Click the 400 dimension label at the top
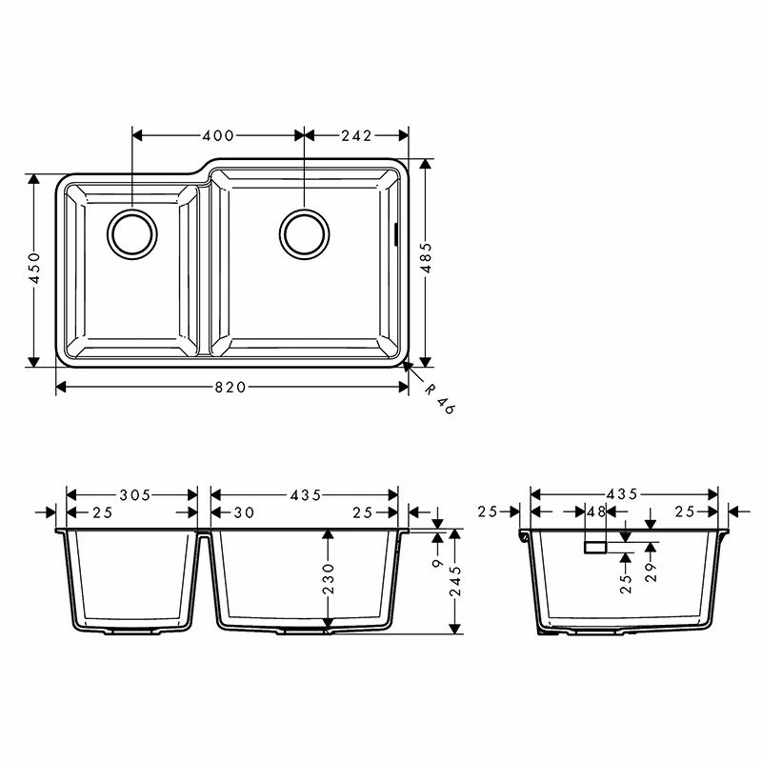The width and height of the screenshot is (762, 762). tap(218, 135)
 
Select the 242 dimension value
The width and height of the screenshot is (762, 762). tap(355, 135)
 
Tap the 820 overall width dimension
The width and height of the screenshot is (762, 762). tap(231, 386)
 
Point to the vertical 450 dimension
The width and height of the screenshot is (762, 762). tap(34, 270)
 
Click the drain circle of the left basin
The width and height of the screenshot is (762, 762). tap(131, 233)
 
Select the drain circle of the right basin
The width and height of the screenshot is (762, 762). tap(305, 231)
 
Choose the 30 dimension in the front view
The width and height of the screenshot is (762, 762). tap(244, 512)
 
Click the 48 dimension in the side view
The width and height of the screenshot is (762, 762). tap(596, 512)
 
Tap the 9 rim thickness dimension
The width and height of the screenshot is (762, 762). tap(437, 563)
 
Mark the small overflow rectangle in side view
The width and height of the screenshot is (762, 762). tap(595, 546)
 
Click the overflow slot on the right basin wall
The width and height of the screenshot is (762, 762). tap(395, 233)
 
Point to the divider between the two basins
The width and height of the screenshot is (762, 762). tap(203, 267)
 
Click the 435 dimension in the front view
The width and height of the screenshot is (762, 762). tap(305, 495)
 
